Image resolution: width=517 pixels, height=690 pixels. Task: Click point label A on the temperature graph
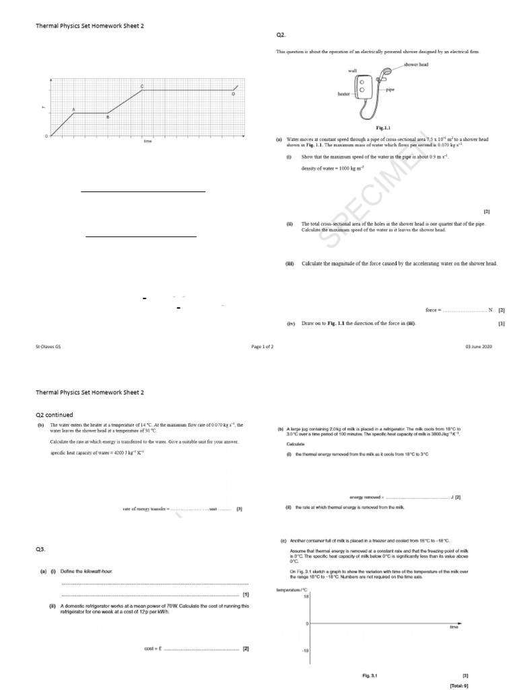[73, 109]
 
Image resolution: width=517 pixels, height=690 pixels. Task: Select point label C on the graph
[141, 86]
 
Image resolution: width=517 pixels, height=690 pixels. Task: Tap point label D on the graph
[233, 94]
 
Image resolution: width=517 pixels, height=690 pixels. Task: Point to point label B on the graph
[108, 117]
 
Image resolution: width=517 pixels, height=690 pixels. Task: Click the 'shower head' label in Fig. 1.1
[416, 65]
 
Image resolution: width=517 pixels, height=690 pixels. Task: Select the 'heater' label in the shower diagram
[344, 94]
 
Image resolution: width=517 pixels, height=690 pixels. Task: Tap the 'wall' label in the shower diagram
[352, 70]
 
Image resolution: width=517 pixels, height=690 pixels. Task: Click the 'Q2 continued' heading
[55, 414]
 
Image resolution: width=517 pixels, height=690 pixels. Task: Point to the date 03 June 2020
[479, 346]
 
